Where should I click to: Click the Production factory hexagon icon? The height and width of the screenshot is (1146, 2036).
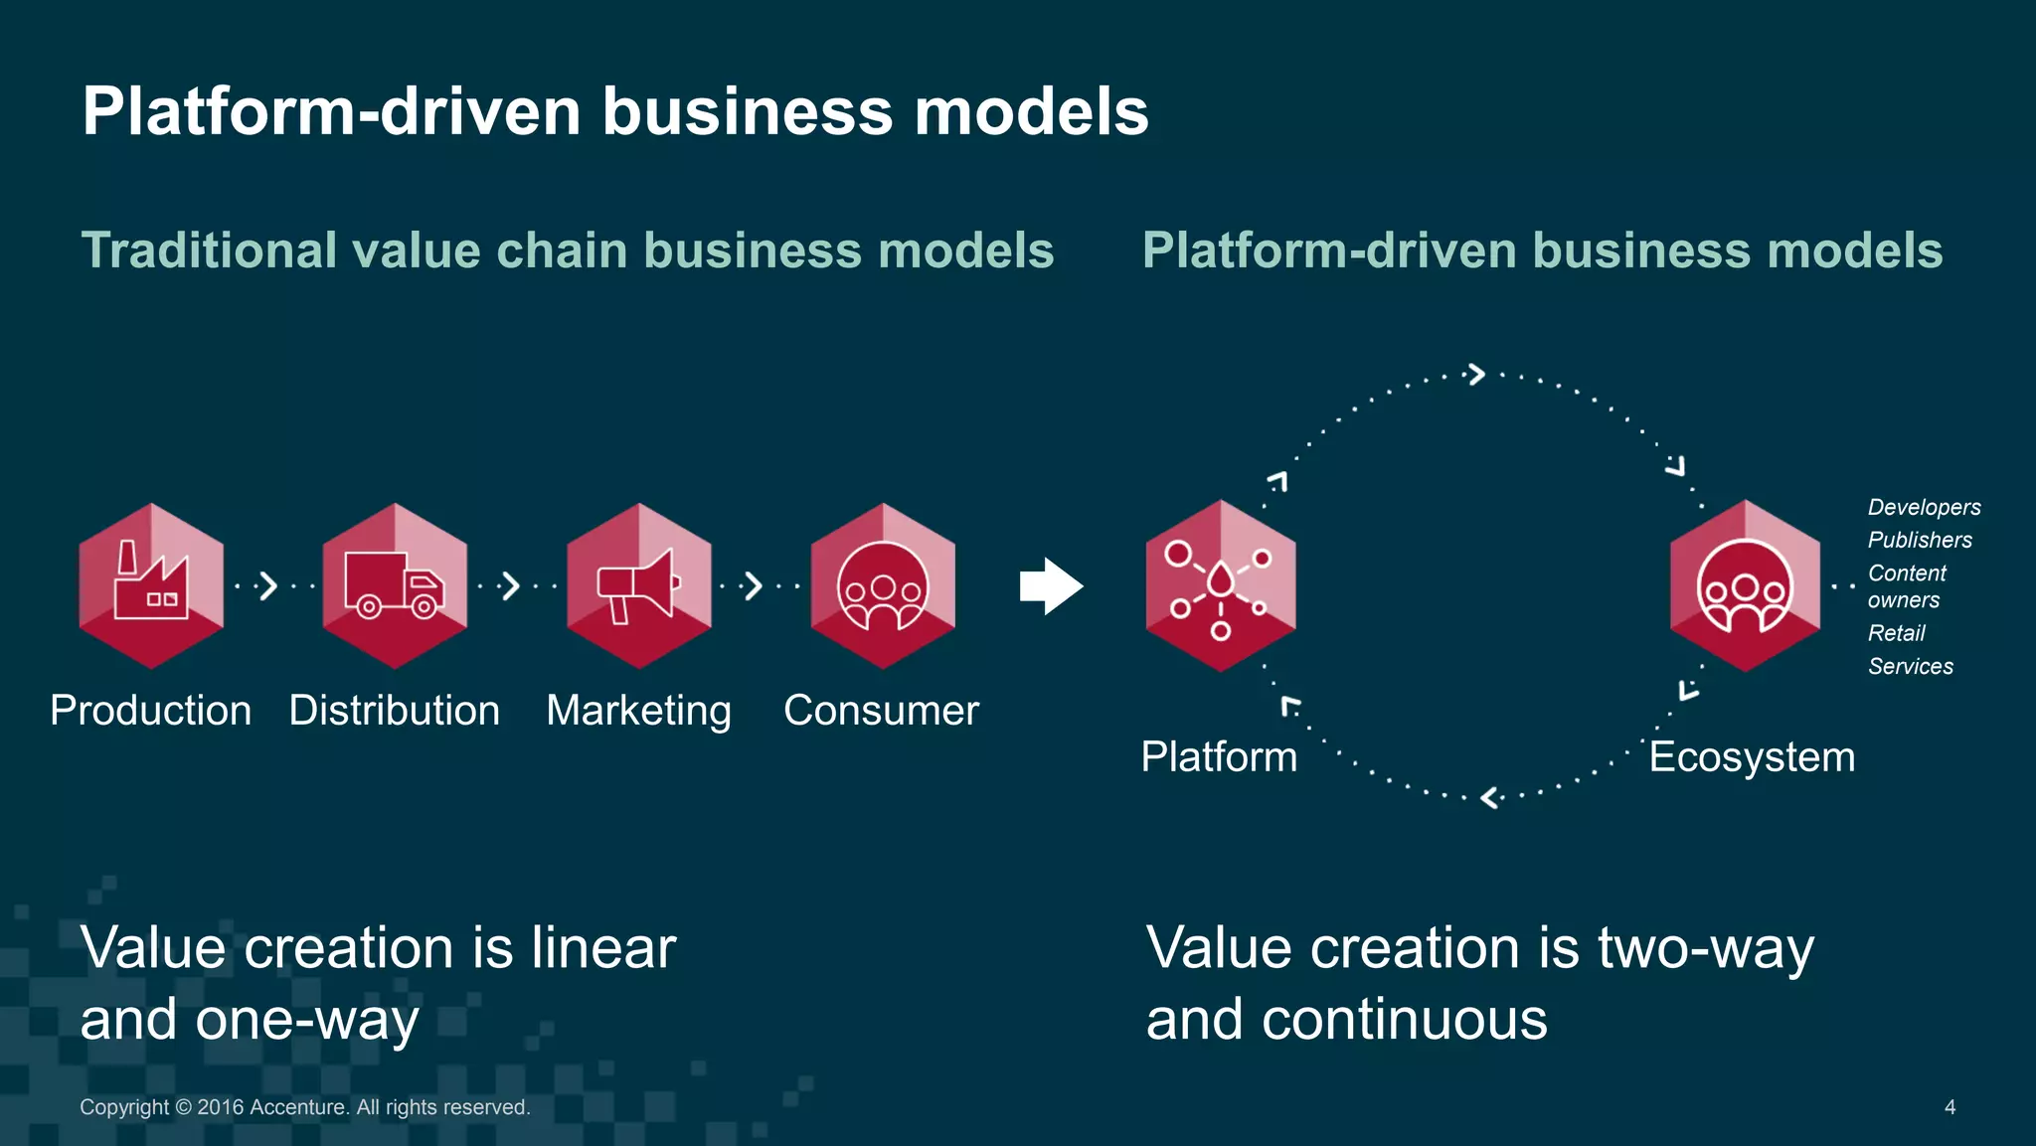(151, 585)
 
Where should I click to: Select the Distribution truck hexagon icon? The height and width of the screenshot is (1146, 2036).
(395, 585)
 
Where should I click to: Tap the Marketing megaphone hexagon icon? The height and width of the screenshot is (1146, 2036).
(639, 585)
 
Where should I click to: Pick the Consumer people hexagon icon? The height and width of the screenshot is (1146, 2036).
(883, 585)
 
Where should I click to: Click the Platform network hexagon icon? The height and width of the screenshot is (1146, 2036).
(1221, 585)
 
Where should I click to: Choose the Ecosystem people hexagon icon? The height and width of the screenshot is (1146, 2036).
(1745, 585)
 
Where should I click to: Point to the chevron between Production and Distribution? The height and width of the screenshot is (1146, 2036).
(266, 585)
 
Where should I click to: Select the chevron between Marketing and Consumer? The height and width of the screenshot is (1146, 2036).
(754, 585)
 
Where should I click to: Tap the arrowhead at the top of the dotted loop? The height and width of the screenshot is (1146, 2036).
(1476, 375)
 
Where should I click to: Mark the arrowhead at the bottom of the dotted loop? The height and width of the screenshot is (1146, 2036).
(1489, 797)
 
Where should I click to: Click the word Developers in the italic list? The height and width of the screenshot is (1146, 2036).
(1924, 508)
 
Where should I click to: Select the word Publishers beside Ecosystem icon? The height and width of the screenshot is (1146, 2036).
(1920, 541)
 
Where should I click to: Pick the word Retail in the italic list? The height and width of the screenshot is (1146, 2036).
(1896, 633)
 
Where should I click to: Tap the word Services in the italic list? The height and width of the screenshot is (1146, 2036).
(1910, 667)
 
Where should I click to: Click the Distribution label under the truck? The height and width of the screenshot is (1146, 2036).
(395, 711)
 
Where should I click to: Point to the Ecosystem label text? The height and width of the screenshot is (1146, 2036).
(1752, 757)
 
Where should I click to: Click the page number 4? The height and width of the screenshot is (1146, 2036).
(1950, 1107)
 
